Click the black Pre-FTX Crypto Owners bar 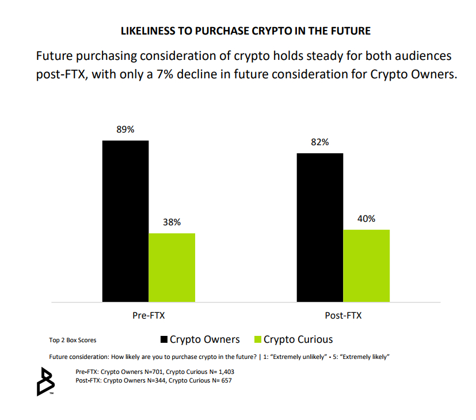(125, 221)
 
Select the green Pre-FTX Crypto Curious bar (172, 267)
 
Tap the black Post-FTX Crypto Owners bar (320, 227)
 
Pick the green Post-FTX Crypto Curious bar (366, 266)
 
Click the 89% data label (125, 130)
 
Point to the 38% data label (172, 222)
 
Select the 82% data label (320, 142)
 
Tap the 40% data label (366, 218)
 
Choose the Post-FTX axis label (343, 316)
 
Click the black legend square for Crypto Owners (164, 339)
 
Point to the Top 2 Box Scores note (73, 340)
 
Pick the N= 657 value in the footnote (221, 381)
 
